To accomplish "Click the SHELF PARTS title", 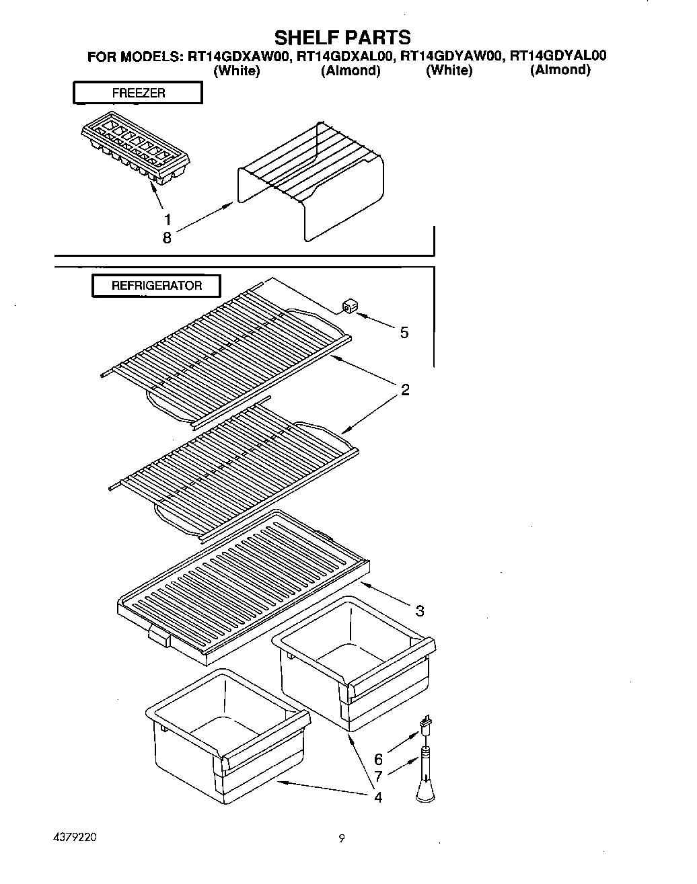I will tap(342, 36).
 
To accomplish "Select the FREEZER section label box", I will tap(137, 93).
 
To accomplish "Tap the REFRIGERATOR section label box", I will tap(156, 286).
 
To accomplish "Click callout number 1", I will tap(167, 219).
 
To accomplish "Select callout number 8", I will tap(167, 237).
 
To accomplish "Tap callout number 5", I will tap(404, 333).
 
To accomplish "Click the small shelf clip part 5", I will tap(348, 307).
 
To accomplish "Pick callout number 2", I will tap(405, 390).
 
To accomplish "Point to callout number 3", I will tap(419, 610).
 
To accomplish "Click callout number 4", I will tap(378, 797).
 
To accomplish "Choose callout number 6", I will tap(378, 760).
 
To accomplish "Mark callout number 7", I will tap(378, 777).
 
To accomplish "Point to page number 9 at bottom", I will tap(342, 838).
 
